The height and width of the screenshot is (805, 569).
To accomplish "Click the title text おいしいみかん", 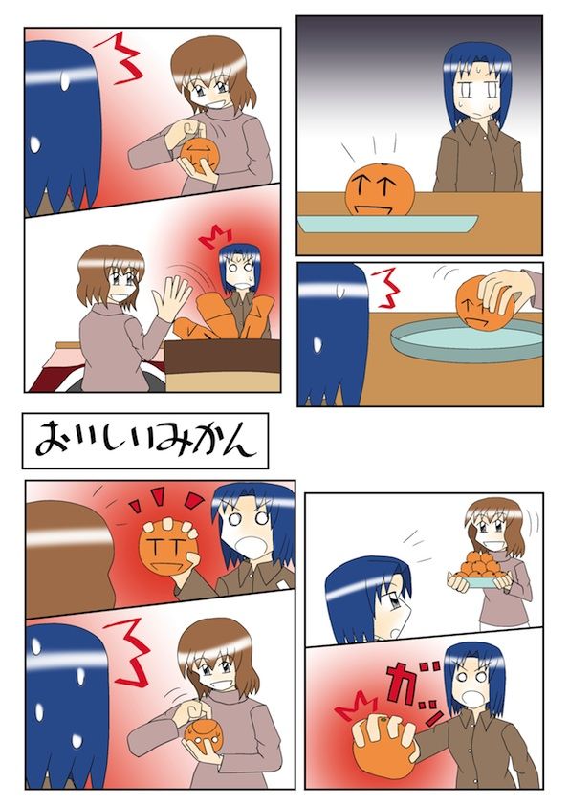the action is [x=145, y=441].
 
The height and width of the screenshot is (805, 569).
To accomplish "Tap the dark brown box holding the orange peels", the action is [x=223, y=356].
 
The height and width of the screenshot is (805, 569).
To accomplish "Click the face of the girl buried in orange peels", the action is [x=240, y=272].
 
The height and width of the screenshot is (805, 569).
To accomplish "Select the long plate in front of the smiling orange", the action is [x=387, y=223].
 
